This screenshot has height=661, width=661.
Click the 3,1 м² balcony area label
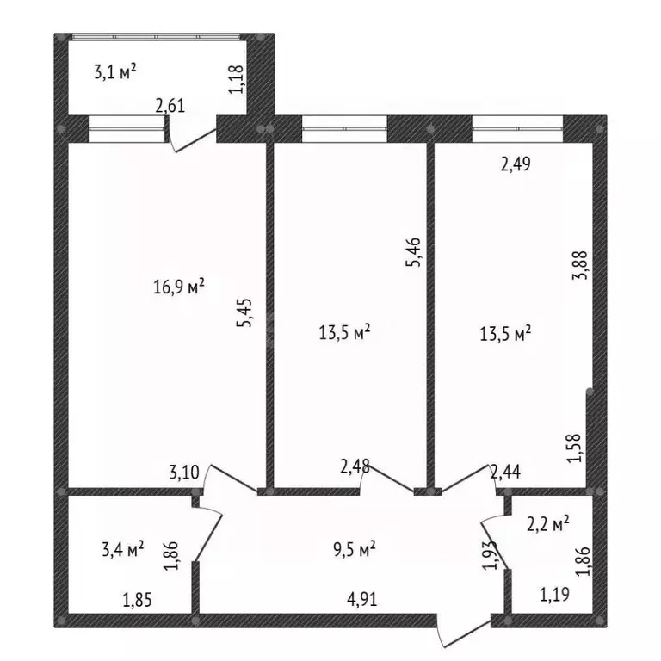pyautogui.click(x=115, y=71)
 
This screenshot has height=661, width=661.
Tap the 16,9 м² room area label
pyautogui.click(x=179, y=287)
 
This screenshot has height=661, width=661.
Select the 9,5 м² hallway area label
pyautogui.click(x=354, y=549)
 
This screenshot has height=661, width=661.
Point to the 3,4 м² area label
pyautogui.click(x=123, y=548)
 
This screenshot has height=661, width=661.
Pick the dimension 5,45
pyautogui.click(x=244, y=312)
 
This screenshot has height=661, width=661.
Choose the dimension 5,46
pyautogui.click(x=413, y=252)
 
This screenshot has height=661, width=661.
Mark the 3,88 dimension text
pyautogui.click(x=579, y=265)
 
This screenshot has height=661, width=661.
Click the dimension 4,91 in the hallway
pyautogui.click(x=361, y=599)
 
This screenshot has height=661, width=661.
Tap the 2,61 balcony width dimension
pyautogui.click(x=170, y=105)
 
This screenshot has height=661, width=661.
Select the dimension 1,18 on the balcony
pyautogui.click(x=236, y=79)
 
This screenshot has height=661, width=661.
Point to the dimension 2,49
pyautogui.click(x=516, y=164)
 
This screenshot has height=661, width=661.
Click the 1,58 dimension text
pyautogui.click(x=574, y=448)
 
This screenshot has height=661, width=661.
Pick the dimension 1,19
pyautogui.click(x=555, y=594)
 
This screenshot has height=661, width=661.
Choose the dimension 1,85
pyautogui.click(x=138, y=599)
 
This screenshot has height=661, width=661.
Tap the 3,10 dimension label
pyautogui.click(x=184, y=473)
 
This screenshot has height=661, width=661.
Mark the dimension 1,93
pyautogui.click(x=490, y=555)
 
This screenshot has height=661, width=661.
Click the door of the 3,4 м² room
pyautogui.click(x=207, y=533)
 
